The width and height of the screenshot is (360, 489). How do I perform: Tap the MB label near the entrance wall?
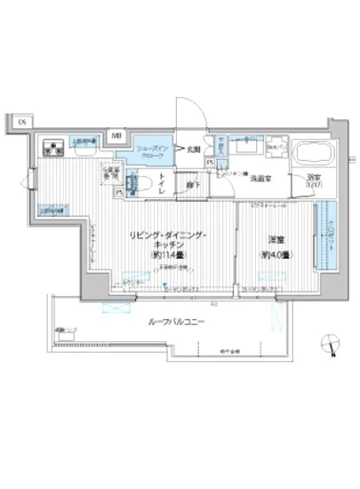pyautogui.click(x=116, y=135)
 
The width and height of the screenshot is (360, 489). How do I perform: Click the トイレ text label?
pyautogui.click(x=162, y=183)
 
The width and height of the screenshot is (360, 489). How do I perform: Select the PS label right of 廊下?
pyautogui.click(x=210, y=163)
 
